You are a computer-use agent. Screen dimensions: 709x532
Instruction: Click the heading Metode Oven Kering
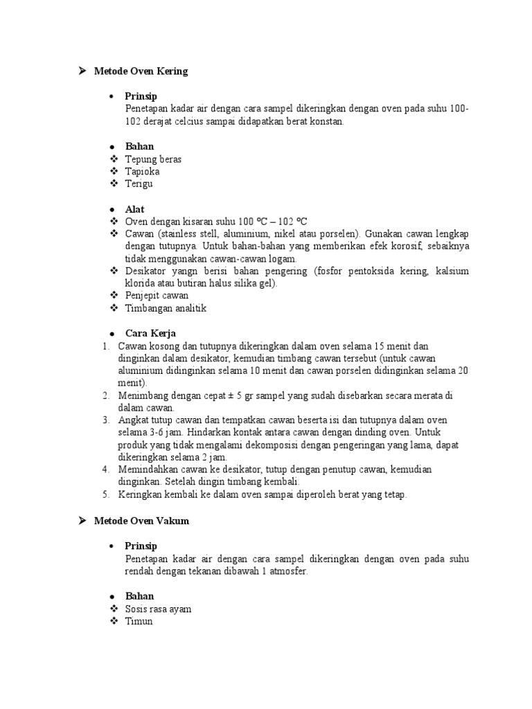tap(141, 71)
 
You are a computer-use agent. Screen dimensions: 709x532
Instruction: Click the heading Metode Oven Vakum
tap(141, 521)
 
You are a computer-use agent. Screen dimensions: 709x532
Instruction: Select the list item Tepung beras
tap(153, 159)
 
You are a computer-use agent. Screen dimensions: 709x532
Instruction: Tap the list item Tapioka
tap(143, 172)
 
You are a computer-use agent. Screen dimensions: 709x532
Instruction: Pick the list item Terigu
tap(139, 184)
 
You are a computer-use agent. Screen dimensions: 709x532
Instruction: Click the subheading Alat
tap(134, 209)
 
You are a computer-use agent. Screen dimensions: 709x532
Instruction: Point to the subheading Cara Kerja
tap(150, 333)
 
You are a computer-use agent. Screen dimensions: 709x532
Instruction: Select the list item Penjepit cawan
tap(157, 296)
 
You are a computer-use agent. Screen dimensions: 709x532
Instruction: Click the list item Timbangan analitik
tap(166, 308)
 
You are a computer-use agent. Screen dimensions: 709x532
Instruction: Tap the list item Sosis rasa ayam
tap(158, 609)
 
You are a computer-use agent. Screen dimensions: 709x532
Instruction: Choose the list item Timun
tap(139, 622)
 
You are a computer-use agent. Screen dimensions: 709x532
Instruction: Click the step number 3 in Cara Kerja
tap(106, 420)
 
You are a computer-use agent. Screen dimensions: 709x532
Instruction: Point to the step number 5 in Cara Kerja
tap(106, 495)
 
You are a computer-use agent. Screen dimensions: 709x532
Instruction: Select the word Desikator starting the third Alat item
tap(147, 271)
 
